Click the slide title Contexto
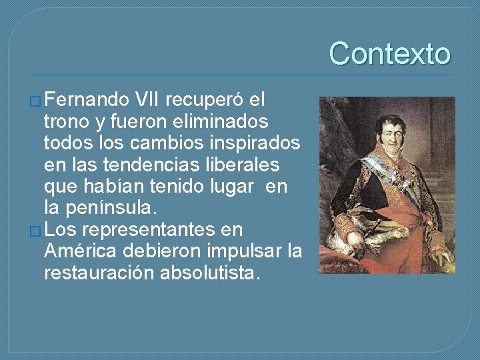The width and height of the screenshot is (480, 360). [x=389, y=53]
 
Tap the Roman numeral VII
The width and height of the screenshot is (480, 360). [x=146, y=101]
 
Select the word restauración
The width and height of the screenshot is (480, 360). [x=98, y=273]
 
